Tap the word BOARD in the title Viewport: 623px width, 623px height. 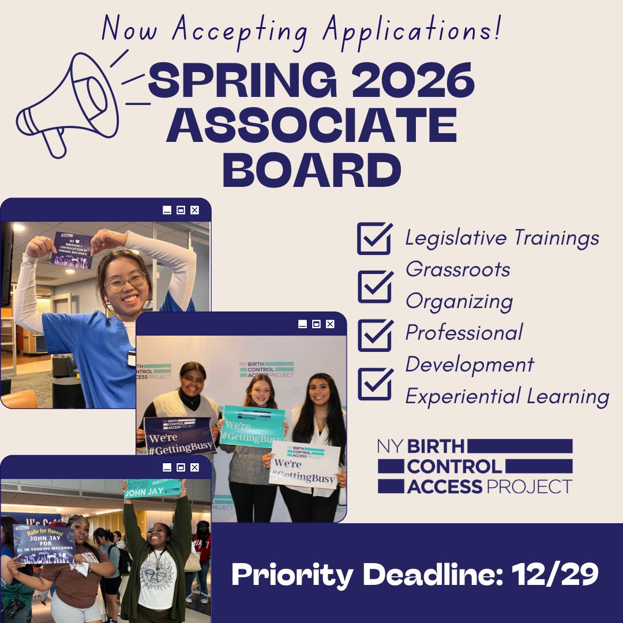311,170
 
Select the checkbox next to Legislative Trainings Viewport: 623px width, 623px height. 374,239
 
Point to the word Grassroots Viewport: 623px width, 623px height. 458,269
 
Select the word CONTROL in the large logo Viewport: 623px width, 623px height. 455,466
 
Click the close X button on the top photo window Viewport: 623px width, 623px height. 194,211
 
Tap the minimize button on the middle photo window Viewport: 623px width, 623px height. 302,324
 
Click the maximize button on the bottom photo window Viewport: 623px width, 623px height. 181,467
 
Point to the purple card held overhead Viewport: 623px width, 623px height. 71,250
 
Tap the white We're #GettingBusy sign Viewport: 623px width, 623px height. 304,464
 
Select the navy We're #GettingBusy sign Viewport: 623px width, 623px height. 179,436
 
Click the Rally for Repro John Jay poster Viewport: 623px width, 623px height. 44,543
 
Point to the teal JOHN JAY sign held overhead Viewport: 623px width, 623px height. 153,487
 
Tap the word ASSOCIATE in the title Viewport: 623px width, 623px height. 311,126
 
